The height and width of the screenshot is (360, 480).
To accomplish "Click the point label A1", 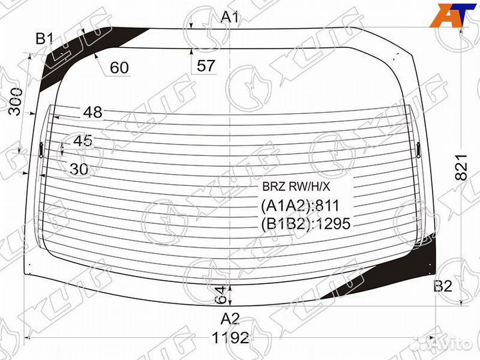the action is [x=230, y=17].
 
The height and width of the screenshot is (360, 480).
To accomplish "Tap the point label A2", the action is [x=230, y=319].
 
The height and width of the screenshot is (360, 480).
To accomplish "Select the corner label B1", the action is [x=45, y=39].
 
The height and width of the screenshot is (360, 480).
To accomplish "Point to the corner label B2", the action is [x=443, y=286].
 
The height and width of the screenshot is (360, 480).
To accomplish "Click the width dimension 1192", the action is [x=230, y=338].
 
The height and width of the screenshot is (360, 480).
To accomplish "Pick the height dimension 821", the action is [x=461, y=167].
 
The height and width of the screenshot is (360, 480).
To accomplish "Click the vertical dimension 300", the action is [x=15, y=101].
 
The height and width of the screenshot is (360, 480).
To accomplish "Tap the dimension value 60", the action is [x=119, y=67].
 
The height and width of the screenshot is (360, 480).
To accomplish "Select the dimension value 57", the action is [x=206, y=66].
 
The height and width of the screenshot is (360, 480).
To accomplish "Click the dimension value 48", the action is [x=93, y=113].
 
